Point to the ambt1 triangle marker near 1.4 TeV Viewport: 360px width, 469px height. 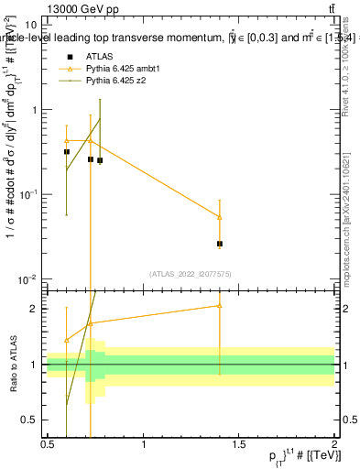(x=220, y=217)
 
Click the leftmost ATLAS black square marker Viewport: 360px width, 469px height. (x=67, y=152)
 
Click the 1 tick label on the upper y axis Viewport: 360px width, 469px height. (x=34, y=110)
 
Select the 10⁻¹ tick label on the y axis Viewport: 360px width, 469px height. (x=27, y=194)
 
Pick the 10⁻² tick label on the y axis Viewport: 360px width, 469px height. (x=27, y=278)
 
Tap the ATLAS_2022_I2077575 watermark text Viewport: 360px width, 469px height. (x=191, y=273)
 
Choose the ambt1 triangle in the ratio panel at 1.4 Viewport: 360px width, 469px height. (x=220, y=306)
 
